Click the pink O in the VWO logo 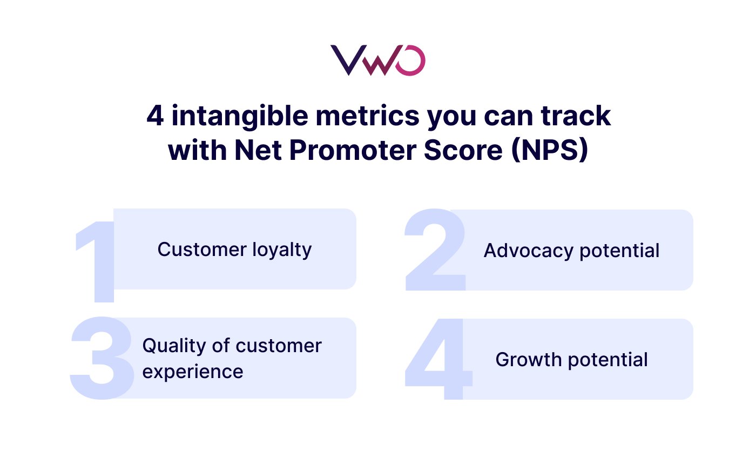coord(410,60)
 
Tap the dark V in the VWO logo coord(346,60)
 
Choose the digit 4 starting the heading coord(155,117)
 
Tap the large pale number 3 coord(102,359)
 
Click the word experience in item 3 coord(193,372)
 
